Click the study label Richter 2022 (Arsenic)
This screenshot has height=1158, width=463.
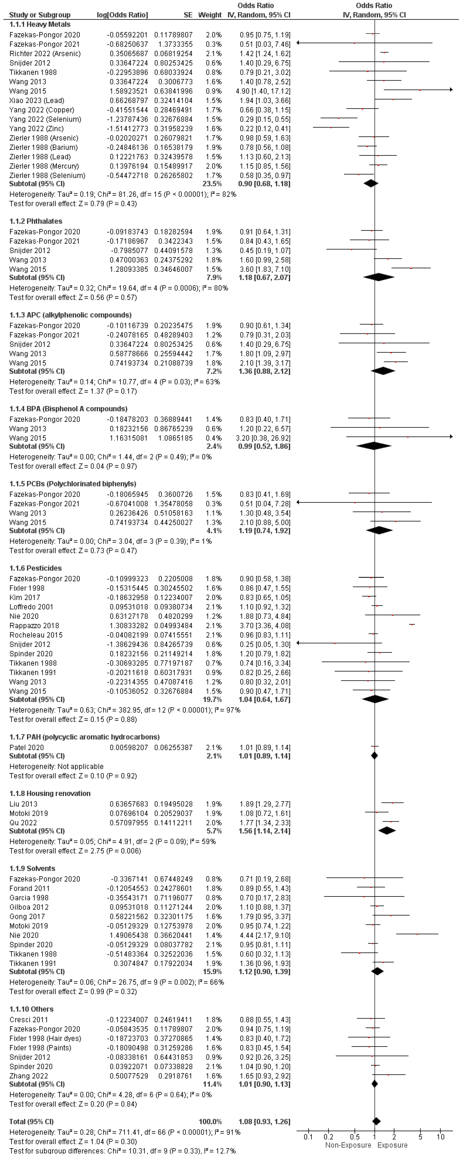click(45, 54)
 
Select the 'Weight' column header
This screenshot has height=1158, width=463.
click(210, 15)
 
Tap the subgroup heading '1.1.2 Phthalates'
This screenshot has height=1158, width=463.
click(36, 221)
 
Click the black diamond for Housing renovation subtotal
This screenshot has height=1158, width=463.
click(387, 831)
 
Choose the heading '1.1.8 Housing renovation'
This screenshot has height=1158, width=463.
click(50, 793)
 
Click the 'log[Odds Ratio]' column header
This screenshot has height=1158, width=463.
click(122, 15)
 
